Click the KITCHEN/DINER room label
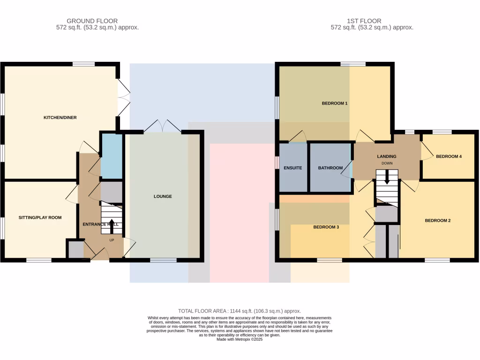(60, 117)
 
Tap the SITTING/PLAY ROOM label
(40, 217)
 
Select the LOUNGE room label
(163, 196)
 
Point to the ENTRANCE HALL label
(101, 225)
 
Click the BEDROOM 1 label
(334, 103)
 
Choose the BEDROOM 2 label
(437, 220)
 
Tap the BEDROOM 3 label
(326, 227)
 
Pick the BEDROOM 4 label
(449, 157)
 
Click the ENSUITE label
(292, 168)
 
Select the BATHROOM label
(330, 168)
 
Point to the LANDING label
(387, 157)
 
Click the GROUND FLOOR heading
(92, 21)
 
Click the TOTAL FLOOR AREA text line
(240, 311)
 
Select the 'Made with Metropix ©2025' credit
(240, 339)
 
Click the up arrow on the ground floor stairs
(112, 223)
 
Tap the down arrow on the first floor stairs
(387, 178)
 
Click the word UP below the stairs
(112, 240)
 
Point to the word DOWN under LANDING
(387, 164)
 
